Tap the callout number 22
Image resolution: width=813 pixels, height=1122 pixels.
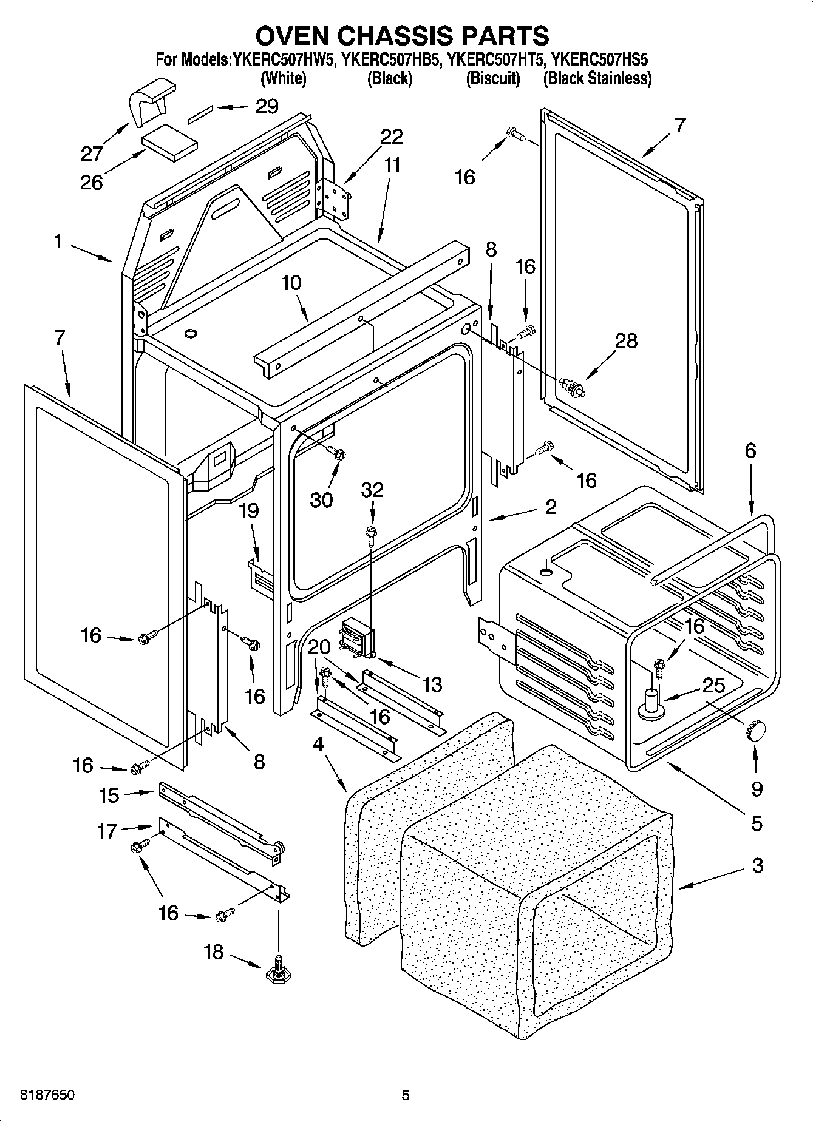391,137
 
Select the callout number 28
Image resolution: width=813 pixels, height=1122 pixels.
625,341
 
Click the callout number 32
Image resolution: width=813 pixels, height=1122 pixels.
372,490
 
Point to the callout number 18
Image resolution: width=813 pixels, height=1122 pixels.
213,952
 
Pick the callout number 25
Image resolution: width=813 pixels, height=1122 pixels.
713,686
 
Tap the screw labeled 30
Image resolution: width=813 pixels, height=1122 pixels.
337,451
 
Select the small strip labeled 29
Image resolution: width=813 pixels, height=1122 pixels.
202,113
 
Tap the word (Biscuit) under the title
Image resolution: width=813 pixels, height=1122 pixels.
492,78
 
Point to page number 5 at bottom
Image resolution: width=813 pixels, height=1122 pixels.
405,1095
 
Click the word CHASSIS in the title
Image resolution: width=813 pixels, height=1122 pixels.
407,36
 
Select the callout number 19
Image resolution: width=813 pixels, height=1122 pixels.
248,511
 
